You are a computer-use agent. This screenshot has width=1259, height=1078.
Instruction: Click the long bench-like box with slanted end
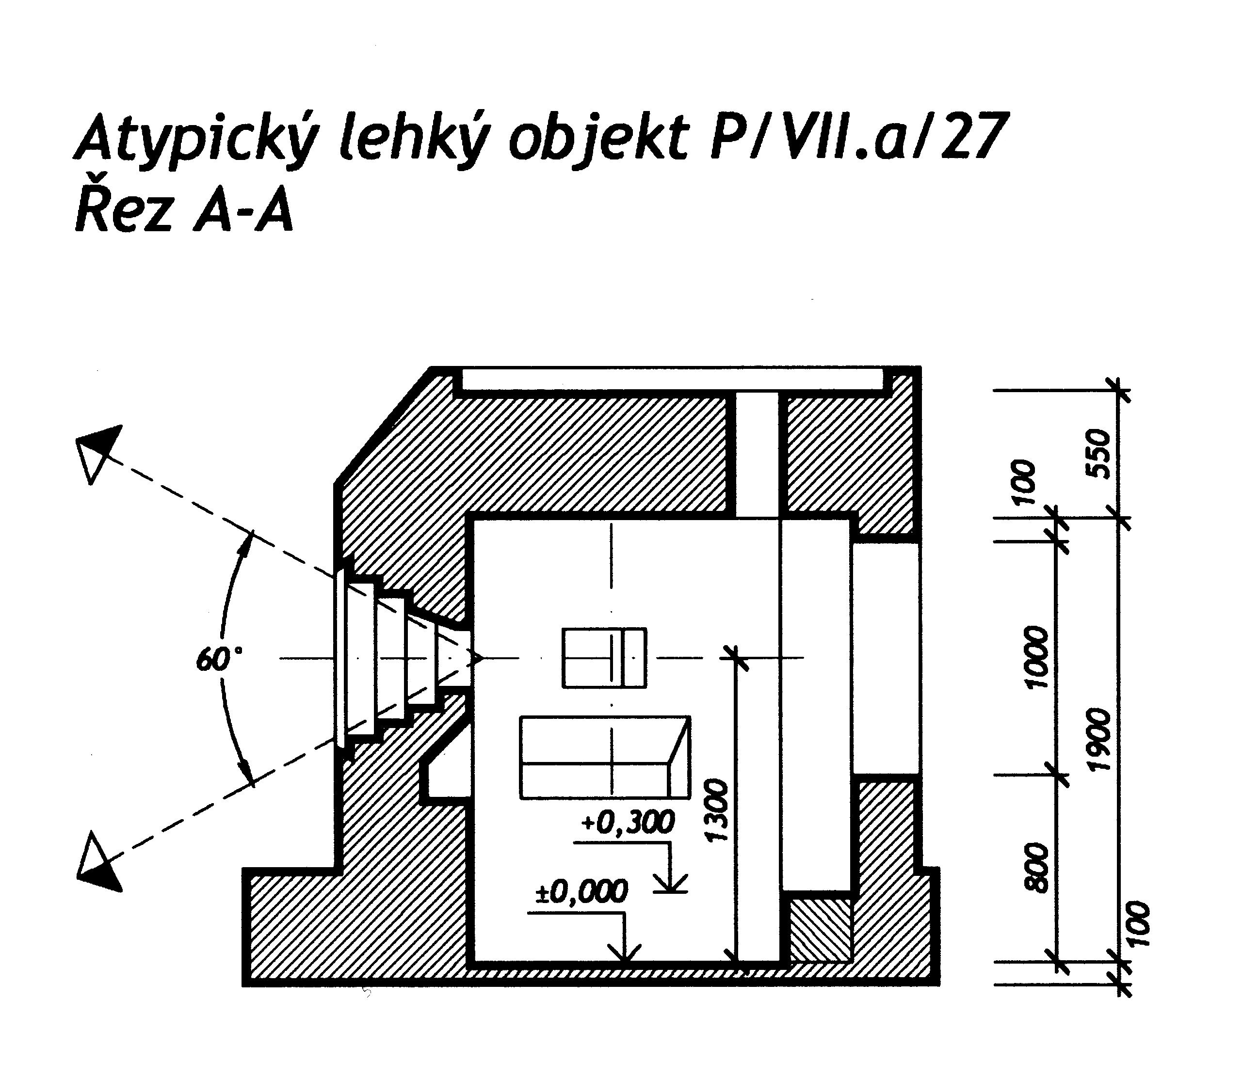click(605, 757)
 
